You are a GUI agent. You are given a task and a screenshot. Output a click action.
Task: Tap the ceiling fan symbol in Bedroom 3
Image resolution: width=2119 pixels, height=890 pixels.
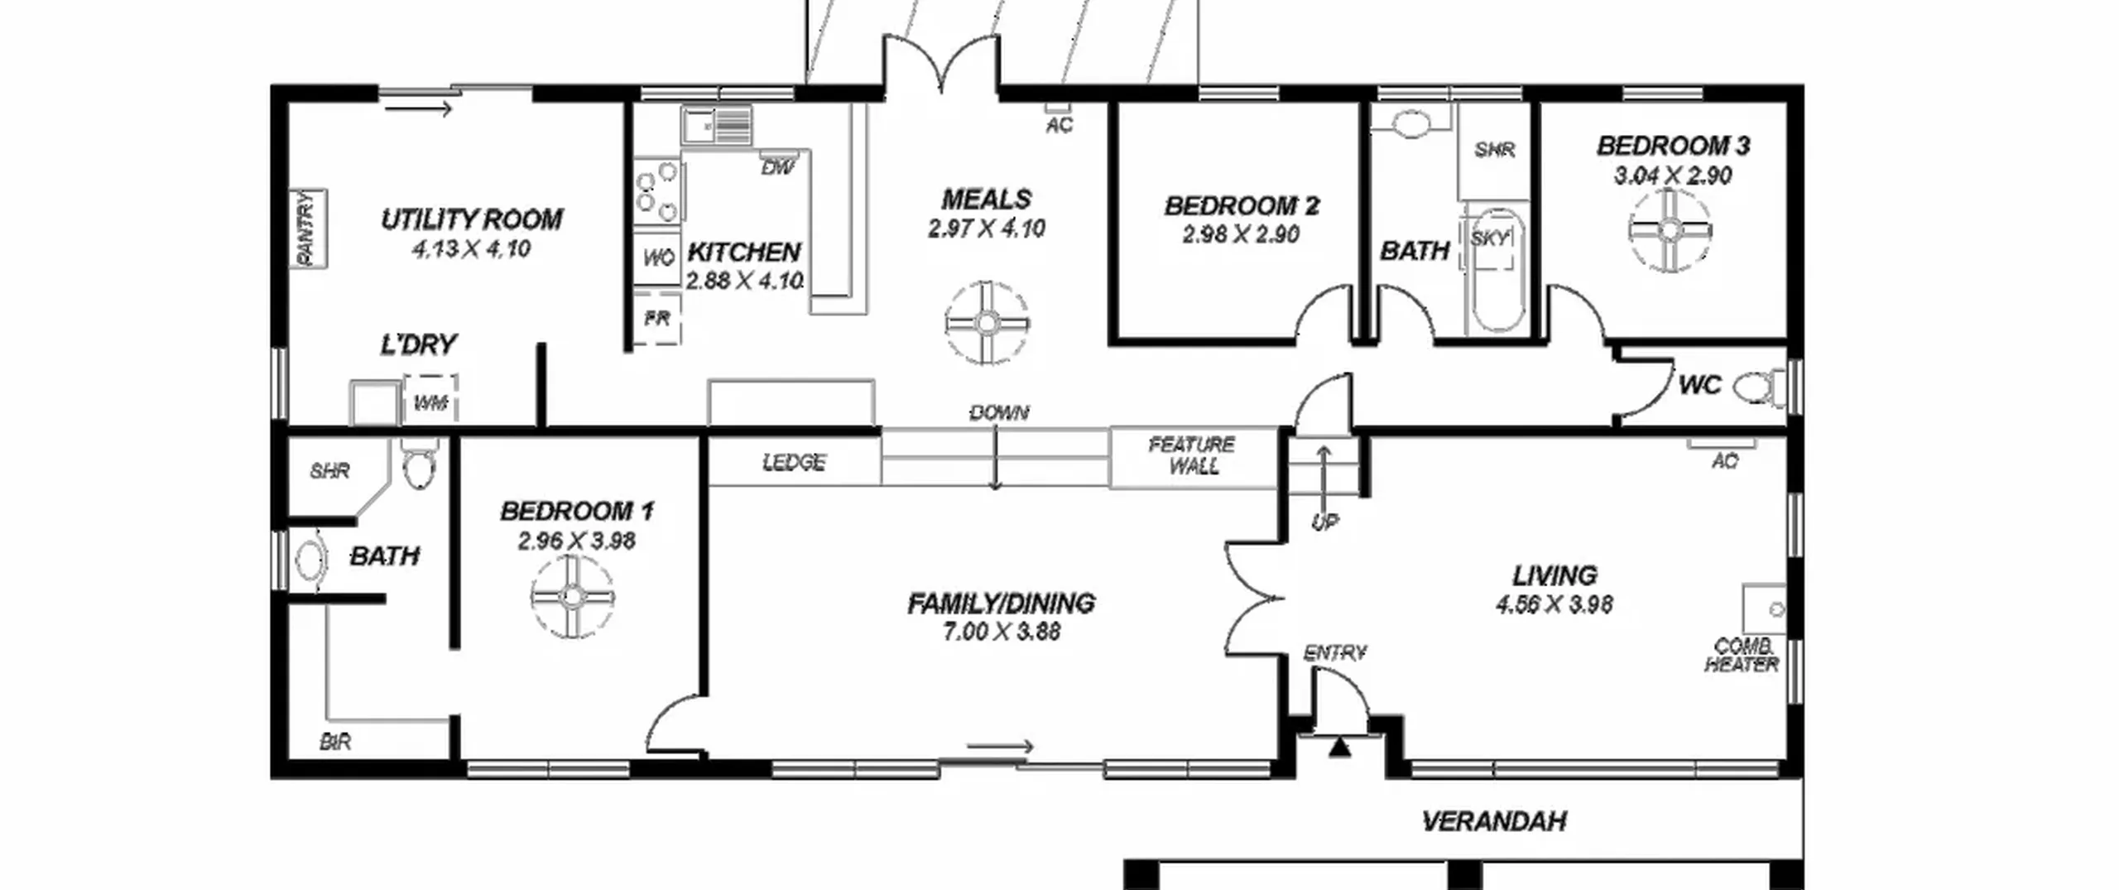click(x=1670, y=230)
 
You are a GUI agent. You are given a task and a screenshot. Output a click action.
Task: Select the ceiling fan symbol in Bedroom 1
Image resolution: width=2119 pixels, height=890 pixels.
click(x=572, y=596)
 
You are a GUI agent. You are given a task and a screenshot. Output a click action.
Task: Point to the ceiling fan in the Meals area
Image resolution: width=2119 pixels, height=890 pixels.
click(x=987, y=323)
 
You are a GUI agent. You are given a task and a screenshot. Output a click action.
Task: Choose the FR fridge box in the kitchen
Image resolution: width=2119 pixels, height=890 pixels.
click(x=657, y=318)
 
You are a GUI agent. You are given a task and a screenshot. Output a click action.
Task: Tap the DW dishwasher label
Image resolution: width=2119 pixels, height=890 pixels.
click(x=777, y=168)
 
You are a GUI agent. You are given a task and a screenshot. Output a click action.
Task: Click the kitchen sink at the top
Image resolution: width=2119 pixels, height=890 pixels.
click(x=717, y=126)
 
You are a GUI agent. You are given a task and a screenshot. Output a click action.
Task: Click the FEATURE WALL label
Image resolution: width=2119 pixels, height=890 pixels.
click(x=1193, y=455)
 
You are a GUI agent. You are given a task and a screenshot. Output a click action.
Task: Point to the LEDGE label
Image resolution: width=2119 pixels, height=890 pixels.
click(x=794, y=462)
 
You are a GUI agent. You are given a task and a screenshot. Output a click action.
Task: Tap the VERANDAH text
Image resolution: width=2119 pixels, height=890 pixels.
click(x=1494, y=821)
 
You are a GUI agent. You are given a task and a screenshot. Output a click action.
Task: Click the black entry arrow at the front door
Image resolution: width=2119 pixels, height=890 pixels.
click(x=1340, y=748)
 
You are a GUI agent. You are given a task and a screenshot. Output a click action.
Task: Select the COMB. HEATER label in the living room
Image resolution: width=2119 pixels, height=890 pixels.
click(x=1742, y=655)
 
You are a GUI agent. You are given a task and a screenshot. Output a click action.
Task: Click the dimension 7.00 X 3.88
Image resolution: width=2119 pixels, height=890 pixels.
click(x=1001, y=632)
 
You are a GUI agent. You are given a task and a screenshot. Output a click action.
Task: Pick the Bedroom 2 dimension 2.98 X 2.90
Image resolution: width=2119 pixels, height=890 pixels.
click(x=1241, y=234)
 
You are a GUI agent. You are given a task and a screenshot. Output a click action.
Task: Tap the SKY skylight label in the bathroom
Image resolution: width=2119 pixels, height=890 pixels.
click(x=1490, y=239)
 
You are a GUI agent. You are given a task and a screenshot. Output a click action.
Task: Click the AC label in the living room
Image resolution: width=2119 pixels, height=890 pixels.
click(x=1725, y=461)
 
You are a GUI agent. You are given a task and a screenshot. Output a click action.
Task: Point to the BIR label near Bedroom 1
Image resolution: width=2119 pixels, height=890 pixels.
click(x=335, y=742)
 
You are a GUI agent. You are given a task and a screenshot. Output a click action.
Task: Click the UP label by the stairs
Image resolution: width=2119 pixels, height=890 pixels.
click(x=1324, y=522)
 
